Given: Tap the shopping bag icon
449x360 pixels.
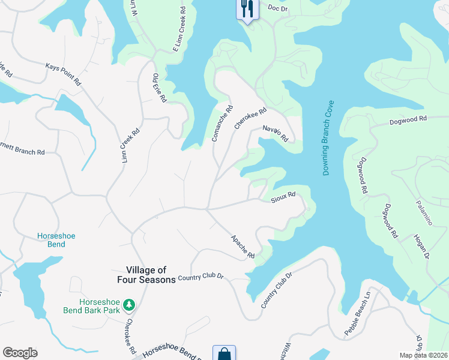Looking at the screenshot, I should click(x=224, y=353).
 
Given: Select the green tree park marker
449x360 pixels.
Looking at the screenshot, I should click(x=128, y=306).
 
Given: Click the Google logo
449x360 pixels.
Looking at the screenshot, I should click(x=20, y=353).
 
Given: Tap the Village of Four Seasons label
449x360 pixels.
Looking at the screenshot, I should click(x=151, y=275).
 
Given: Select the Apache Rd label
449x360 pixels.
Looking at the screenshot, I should click(x=243, y=247).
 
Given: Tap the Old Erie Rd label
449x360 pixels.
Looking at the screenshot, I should click(x=159, y=88).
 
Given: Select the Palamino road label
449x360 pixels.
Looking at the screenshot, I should click(x=424, y=212).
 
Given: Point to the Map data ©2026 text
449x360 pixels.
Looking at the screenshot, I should click(x=424, y=355).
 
